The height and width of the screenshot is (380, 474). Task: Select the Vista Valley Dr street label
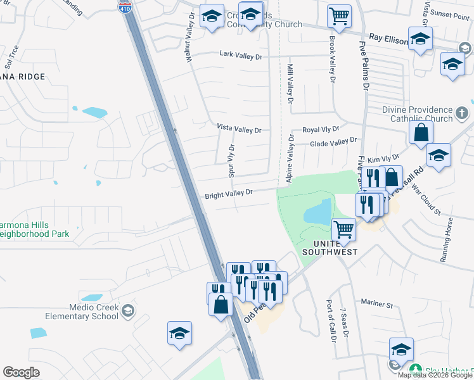tap(239, 129)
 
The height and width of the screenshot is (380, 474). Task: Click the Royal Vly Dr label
tap(321, 129)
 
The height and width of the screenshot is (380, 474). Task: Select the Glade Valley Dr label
tap(333, 142)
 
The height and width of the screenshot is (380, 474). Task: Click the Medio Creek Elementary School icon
tap(129, 310)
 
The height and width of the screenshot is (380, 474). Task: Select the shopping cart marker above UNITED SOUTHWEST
tap(343, 228)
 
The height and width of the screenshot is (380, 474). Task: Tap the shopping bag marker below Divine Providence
tap(421, 133)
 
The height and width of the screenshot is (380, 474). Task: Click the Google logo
tap(21, 372)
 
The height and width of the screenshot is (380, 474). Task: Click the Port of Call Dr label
tap(329, 320)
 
